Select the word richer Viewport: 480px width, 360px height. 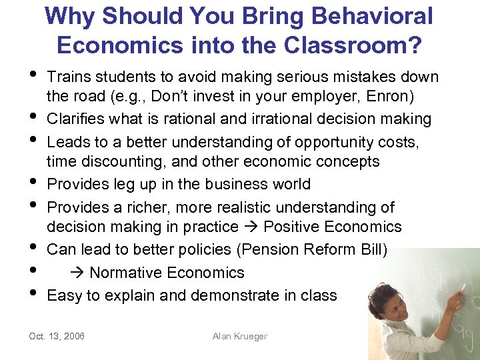coord(149,207)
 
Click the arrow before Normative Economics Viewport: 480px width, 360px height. coord(77,273)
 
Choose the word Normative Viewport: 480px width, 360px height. coord(123,273)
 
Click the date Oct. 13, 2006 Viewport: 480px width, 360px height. coord(57,336)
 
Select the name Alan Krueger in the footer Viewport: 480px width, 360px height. coord(239,336)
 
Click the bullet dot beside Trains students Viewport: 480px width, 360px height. coord(34,77)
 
